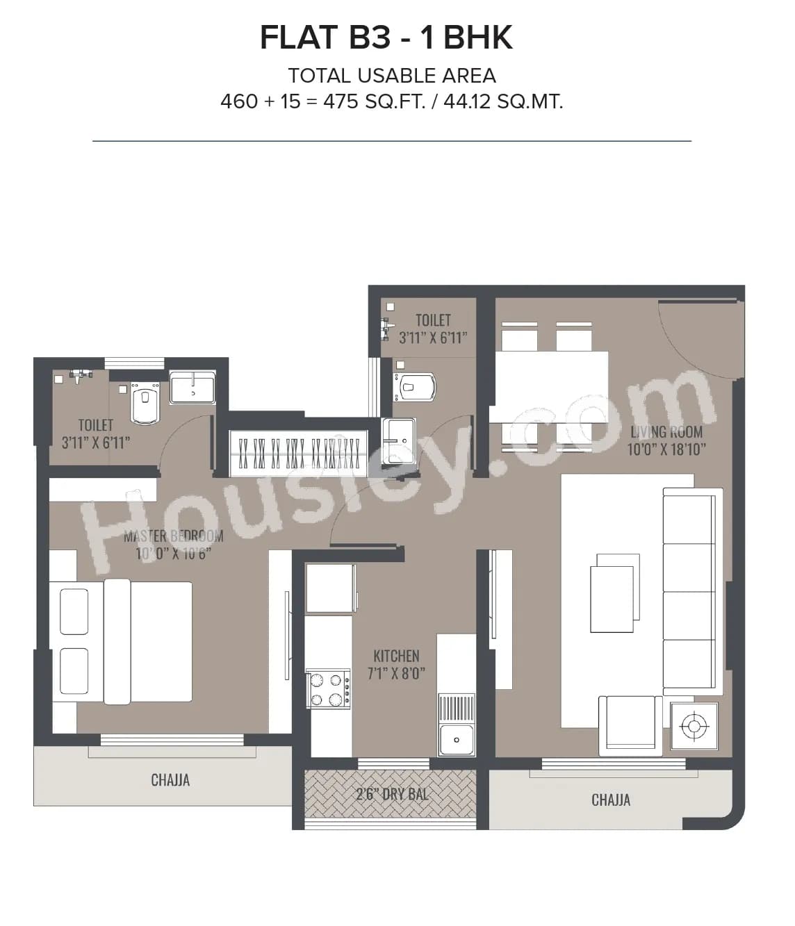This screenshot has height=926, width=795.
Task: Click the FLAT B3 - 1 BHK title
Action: [386, 38]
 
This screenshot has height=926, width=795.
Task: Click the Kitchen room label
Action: [396, 656]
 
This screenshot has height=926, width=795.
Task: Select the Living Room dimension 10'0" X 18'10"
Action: [666, 449]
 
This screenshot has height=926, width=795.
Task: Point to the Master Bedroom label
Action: [173, 536]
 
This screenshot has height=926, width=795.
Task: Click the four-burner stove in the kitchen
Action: [328, 688]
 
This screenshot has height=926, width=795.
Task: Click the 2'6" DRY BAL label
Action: [392, 793]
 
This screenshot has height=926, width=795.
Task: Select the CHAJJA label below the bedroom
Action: [170, 779]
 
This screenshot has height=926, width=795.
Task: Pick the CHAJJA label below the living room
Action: [611, 800]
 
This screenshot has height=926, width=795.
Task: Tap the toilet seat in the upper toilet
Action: [416, 386]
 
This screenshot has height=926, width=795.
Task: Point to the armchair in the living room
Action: [630, 725]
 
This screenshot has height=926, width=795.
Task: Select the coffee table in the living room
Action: [613, 594]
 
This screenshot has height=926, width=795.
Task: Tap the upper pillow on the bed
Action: [74, 611]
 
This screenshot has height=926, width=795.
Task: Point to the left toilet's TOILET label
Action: [96, 424]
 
